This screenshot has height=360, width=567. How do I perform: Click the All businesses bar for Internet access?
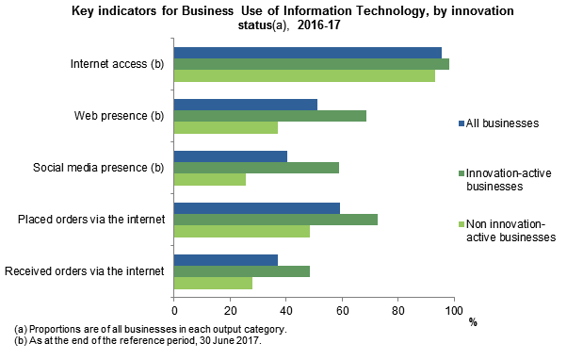point(308,52)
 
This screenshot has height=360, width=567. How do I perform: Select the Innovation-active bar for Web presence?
point(270,115)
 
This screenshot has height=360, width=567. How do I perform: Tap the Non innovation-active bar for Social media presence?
point(210,179)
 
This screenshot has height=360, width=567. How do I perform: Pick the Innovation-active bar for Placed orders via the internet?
point(276,220)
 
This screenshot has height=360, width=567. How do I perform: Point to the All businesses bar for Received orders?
point(226,259)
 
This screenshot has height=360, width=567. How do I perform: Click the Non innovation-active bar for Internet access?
point(304,75)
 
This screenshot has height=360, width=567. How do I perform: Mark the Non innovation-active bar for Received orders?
point(213,283)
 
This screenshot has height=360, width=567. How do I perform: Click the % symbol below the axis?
point(473,322)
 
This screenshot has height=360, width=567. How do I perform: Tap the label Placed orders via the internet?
point(91,221)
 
